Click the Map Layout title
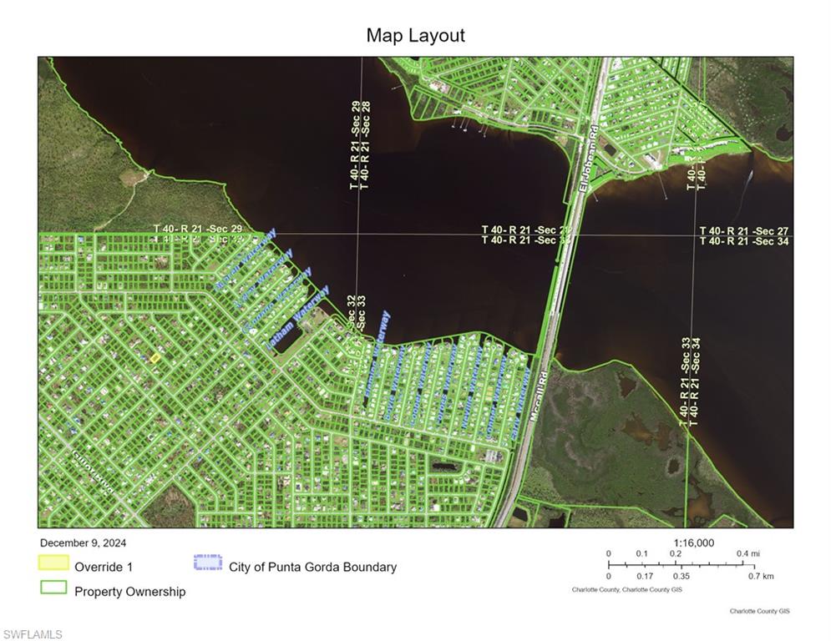(x=415, y=36)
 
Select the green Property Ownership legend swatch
(x=53, y=588)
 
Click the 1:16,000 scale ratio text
(x=692, y=543)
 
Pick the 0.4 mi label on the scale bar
(x=747, y=554)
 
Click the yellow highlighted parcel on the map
(x=155, y=357)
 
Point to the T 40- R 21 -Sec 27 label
(x=743, y=230)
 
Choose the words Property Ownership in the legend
(x=130, y=592)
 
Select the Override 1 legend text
(x=104, y=567)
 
